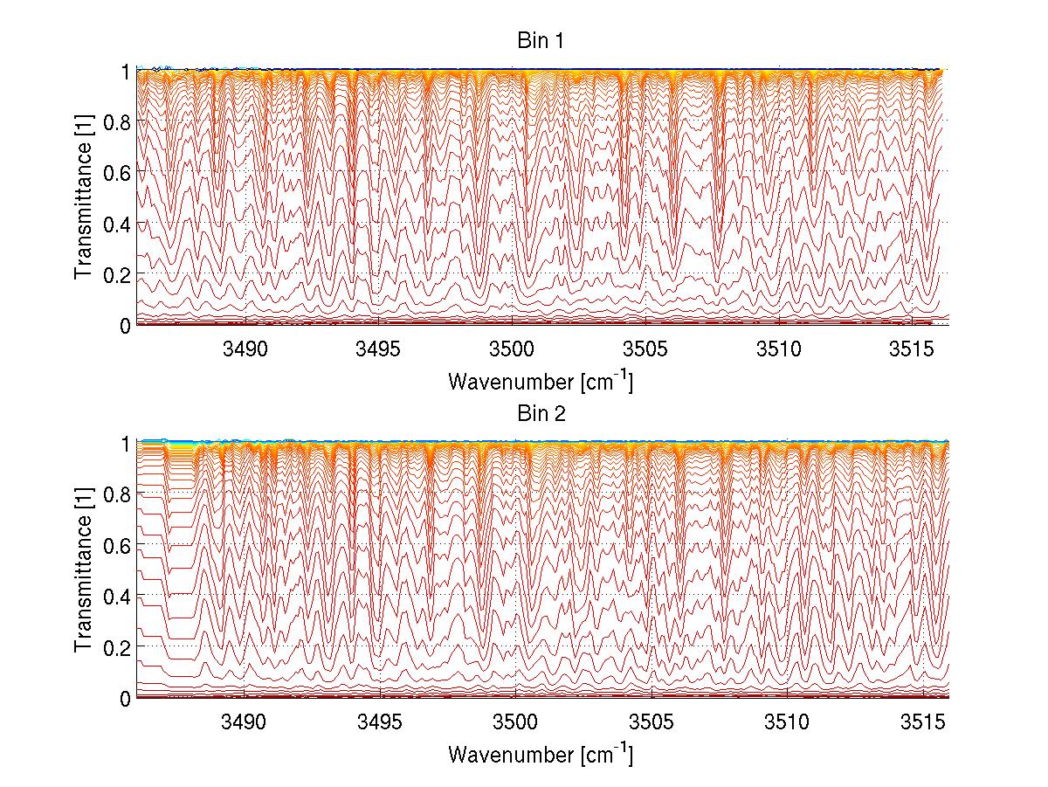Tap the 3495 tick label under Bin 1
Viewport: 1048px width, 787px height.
pos(377,349)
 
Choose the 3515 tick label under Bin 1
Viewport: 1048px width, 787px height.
pos(914,349)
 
